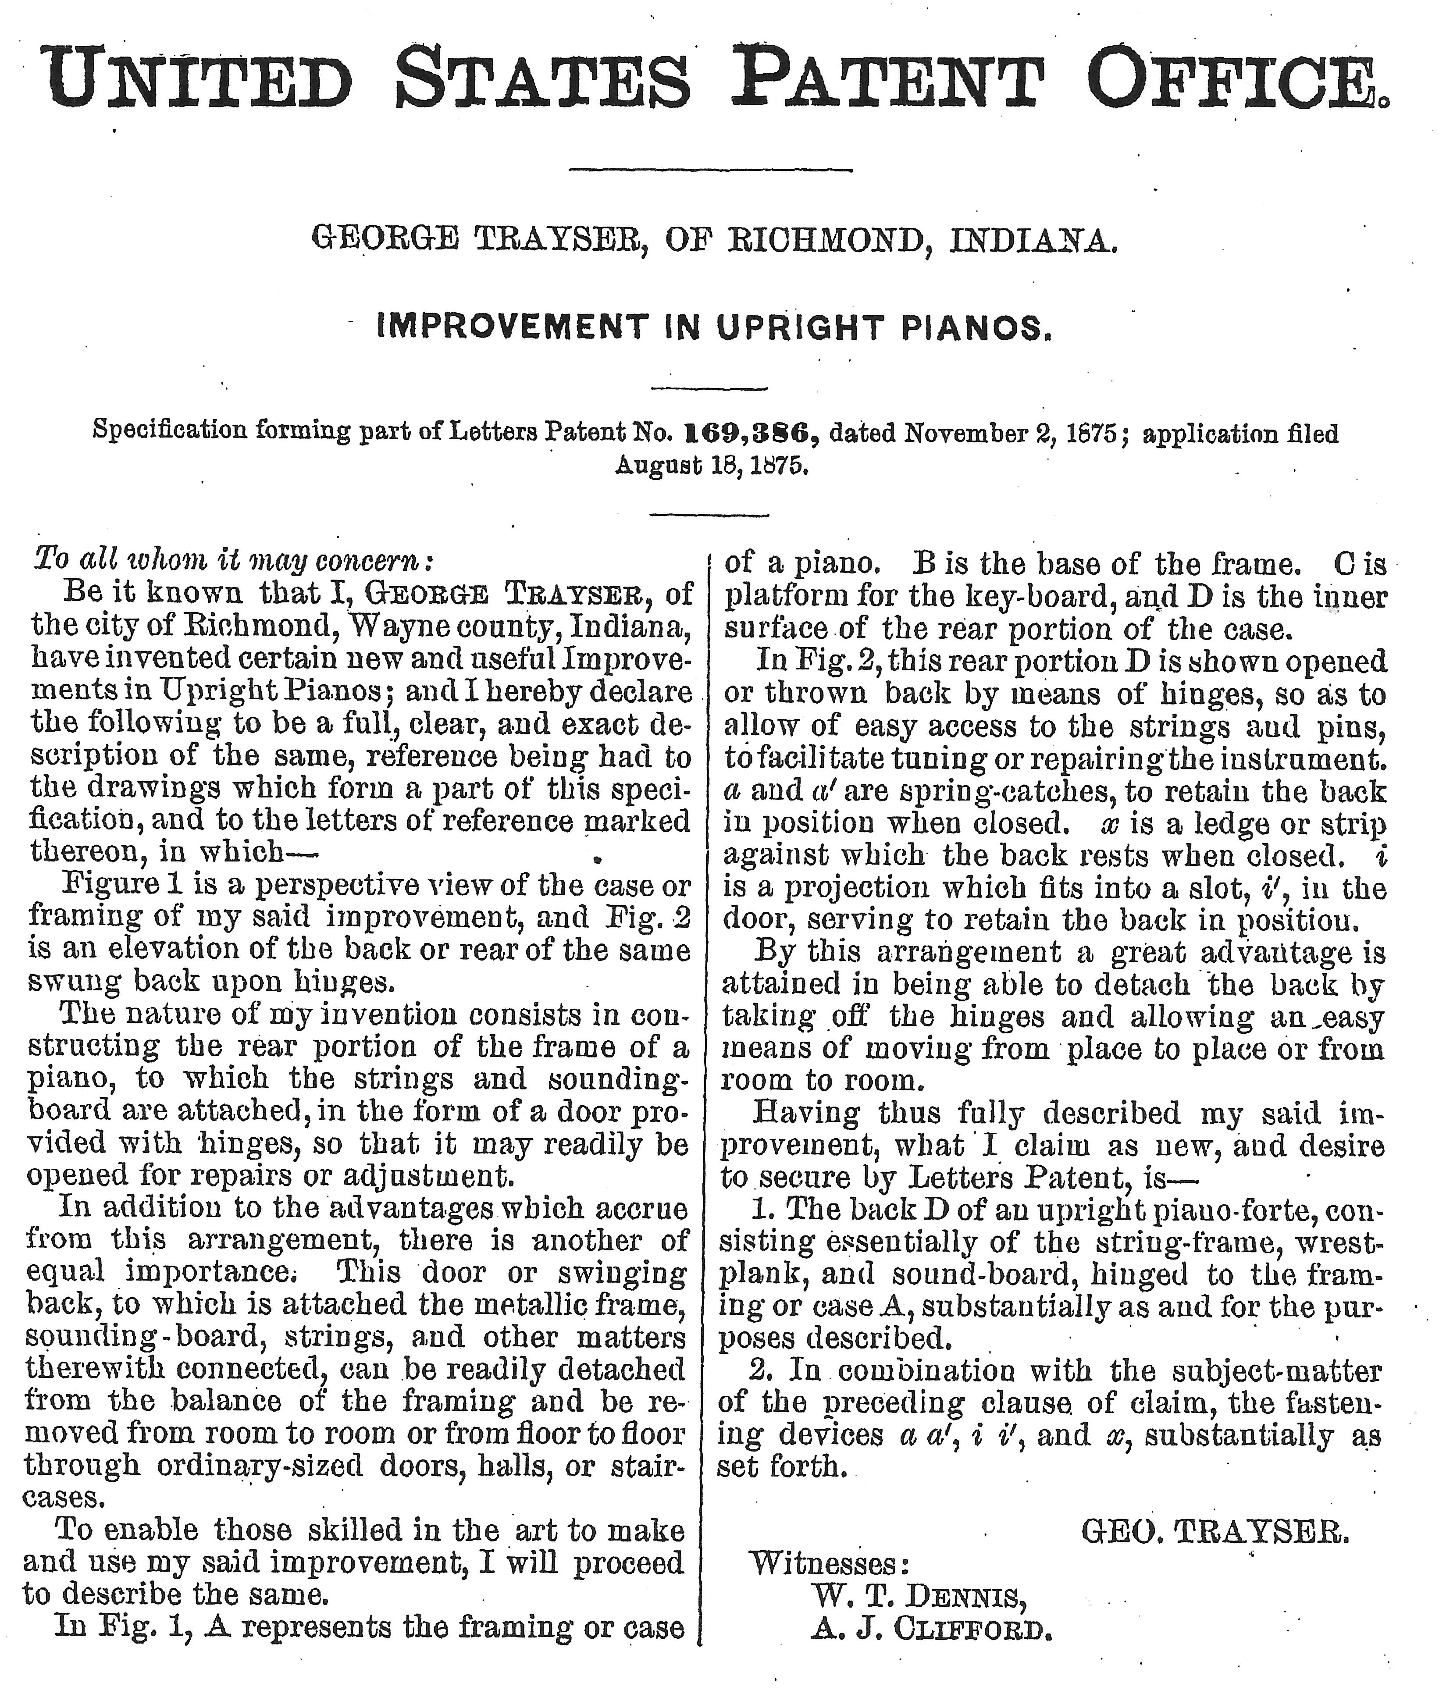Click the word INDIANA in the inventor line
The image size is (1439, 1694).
click(x=1029, y=240)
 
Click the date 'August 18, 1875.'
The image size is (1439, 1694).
click(x=711, y=466)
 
